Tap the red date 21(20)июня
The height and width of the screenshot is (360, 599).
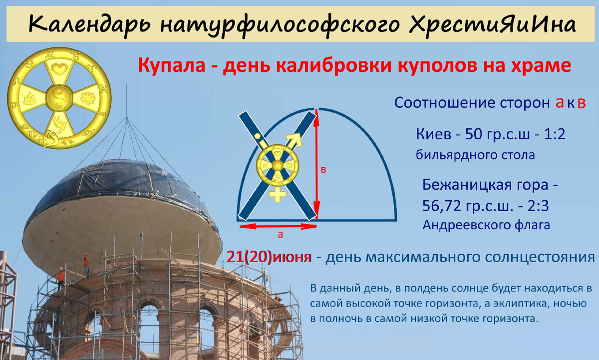pos(269,257)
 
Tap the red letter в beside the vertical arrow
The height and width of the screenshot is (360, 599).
pos(323,170)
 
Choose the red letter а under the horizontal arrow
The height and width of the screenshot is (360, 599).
pos(280,234)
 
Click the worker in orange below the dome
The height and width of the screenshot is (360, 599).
pos(86,264)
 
